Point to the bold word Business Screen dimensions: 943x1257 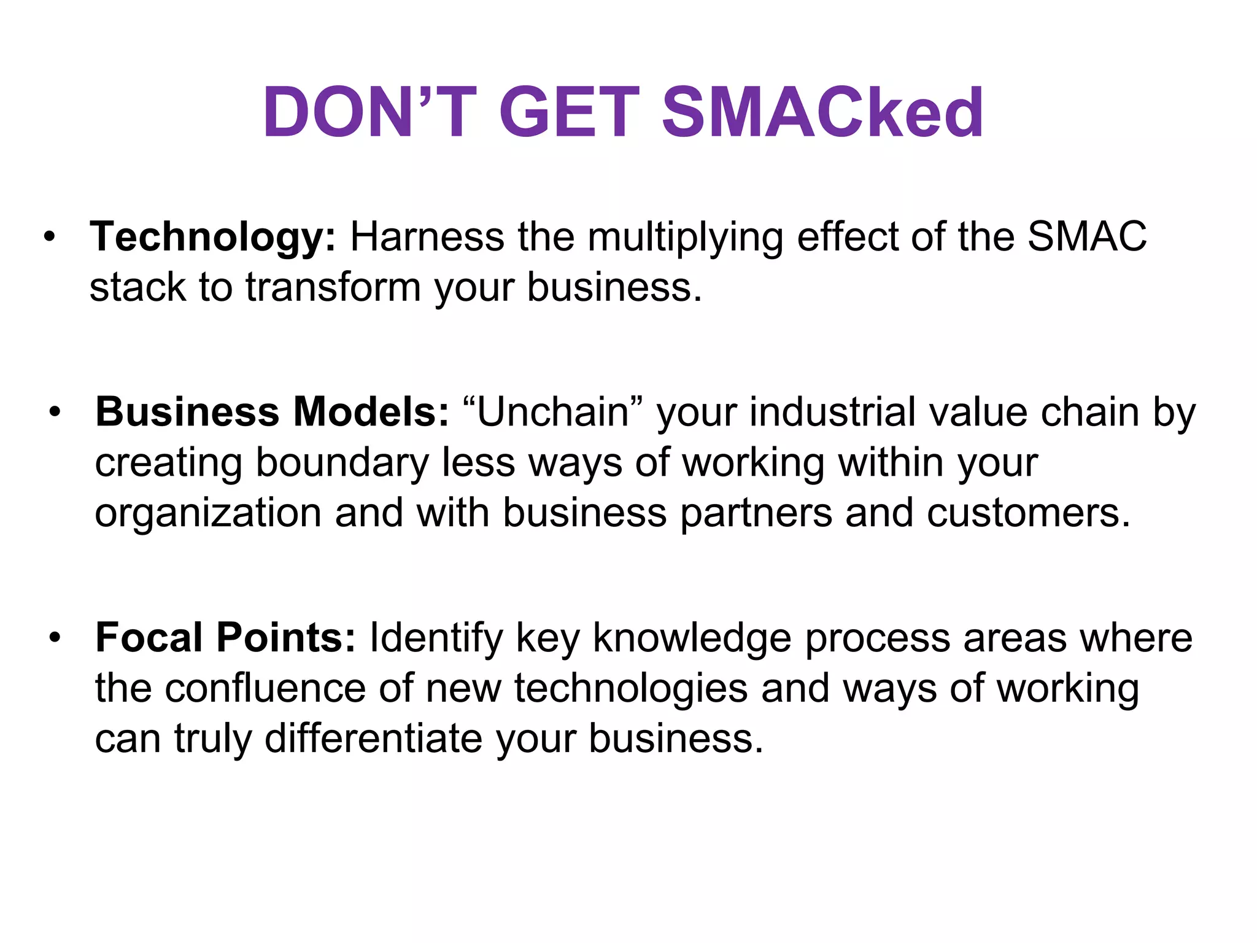point(187,411)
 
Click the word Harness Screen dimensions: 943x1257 point(427,237)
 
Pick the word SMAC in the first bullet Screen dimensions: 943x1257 point(1087,237)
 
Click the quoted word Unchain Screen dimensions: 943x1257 point(553,411)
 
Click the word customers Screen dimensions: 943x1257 point(1027,513)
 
